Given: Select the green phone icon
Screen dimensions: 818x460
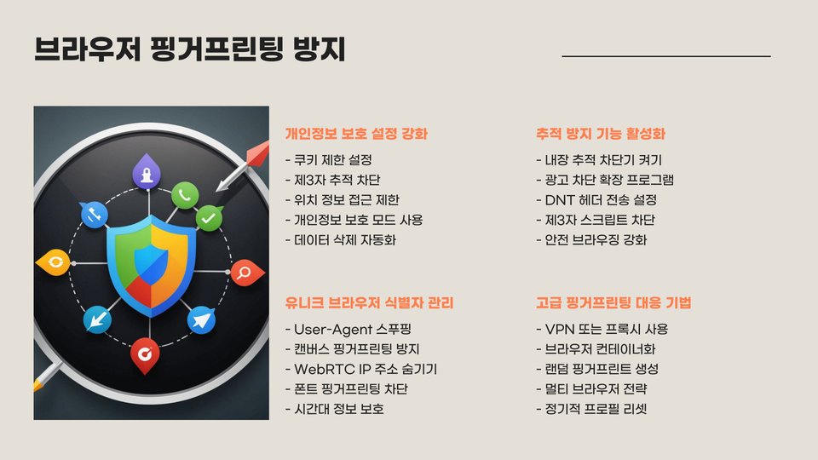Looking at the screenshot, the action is click(x=184, y=195).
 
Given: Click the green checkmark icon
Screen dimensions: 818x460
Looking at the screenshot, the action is click(x=209, y=219).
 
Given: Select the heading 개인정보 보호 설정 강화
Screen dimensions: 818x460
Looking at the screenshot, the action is click(x=355, y=134).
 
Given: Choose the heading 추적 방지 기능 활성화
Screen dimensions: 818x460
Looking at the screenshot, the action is click(x=601, y=134).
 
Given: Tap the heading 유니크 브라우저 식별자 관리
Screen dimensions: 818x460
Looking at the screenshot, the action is click(x=369, y=303).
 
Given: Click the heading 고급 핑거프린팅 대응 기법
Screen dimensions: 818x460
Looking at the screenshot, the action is click(x=613, y=303).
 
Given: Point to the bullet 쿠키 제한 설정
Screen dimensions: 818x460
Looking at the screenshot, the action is click(x=332, y=160).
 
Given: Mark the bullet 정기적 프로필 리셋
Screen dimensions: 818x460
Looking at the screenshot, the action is click(x=596, y=409).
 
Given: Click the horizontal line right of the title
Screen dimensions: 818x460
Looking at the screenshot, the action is click(x=666, y=56).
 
